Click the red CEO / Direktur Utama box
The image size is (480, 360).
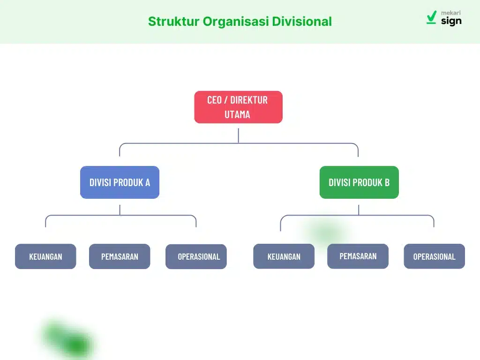[238, 107]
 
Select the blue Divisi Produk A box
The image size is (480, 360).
[120, 182]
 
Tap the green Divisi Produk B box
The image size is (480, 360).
[359, 182]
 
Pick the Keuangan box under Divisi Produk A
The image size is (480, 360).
[45, 256]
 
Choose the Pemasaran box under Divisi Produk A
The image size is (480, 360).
[120, 256]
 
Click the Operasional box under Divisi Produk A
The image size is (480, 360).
[196, 257]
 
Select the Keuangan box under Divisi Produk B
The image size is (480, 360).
[284, 256]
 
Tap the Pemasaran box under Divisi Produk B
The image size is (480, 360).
[358, 256]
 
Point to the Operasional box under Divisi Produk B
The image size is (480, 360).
[434, 256]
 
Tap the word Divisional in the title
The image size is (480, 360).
[302, 22]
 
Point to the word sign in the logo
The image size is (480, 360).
[451, 21]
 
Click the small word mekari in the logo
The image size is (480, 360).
[451, 13]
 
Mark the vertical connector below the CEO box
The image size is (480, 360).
[238, 135]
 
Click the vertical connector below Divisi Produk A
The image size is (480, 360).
[120, 210]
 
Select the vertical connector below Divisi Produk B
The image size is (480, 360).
[359, 210]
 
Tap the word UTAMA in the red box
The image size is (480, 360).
[237, 114]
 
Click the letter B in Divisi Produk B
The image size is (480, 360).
[387, 182]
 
